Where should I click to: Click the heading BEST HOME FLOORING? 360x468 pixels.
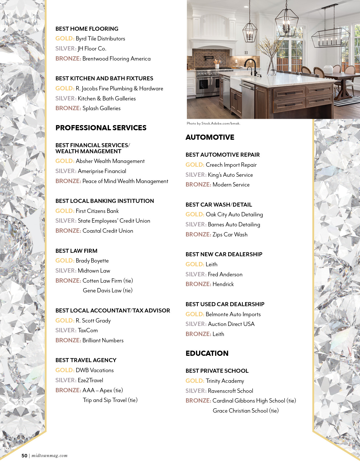87,29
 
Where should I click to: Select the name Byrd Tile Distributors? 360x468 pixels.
100,39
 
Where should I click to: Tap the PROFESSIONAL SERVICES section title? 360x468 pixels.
101,128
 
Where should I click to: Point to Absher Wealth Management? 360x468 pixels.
110,161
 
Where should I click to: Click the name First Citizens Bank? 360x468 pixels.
97,211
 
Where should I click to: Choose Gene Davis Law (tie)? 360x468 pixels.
107,291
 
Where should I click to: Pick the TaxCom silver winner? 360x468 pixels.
88,331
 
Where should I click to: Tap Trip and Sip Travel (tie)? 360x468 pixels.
110,400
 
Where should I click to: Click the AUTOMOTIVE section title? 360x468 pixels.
210,137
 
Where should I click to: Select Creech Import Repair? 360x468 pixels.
231,165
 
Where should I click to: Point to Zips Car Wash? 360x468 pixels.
230,235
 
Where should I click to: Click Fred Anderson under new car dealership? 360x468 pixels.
225,275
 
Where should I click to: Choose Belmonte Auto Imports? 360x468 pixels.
233,314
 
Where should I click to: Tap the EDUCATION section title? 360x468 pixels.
207,354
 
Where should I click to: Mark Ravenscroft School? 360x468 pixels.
230,391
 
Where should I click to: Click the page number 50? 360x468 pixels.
24,456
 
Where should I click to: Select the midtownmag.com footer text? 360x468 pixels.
50,456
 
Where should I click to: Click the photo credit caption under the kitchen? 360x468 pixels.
213,123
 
